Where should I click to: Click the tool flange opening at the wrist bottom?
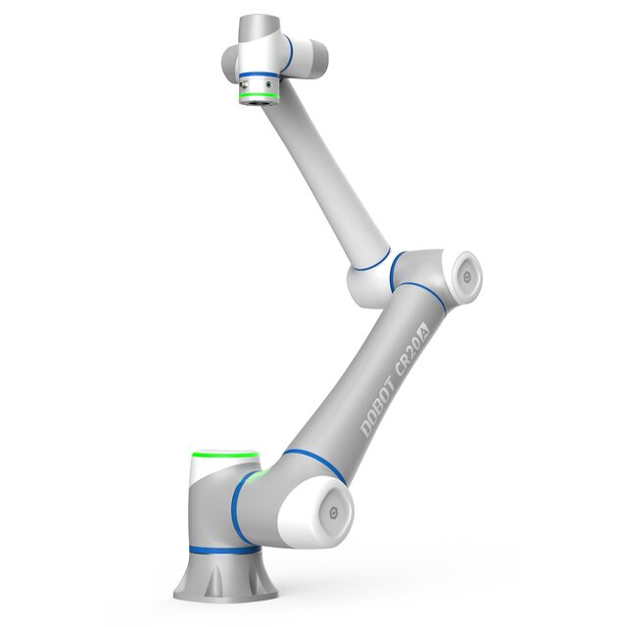click(259, 100)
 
